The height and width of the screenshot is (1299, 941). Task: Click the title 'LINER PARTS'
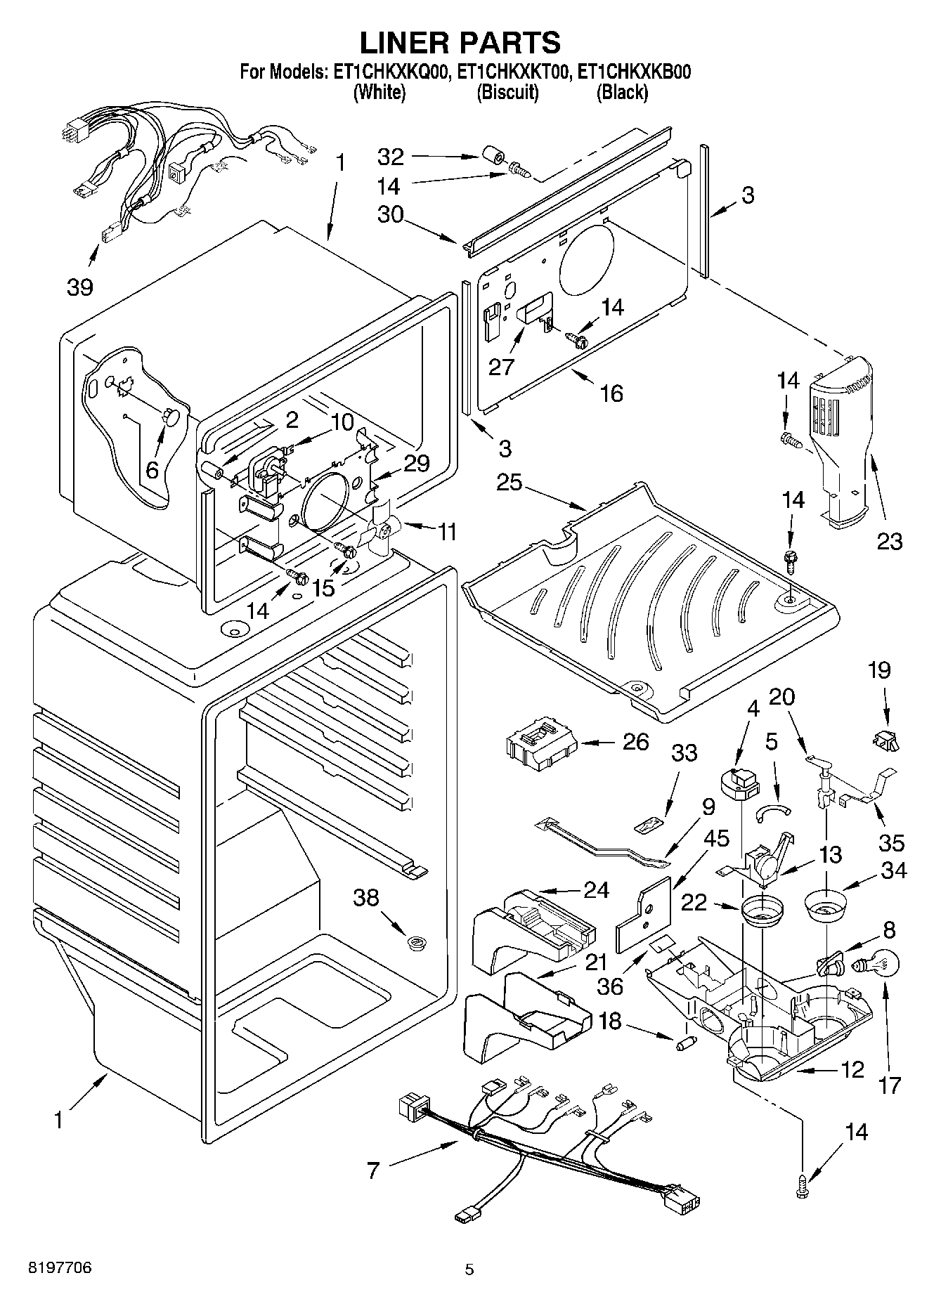pos(460,43)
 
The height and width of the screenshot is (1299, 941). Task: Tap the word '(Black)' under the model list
pos(622,92)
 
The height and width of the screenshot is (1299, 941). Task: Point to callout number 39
pos(81,286)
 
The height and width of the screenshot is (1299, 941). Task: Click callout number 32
pos(391,156)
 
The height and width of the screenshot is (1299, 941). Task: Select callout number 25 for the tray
pos(510,483)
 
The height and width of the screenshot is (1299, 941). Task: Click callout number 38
pos(367,897)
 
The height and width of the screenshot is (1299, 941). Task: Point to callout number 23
pos(890,540)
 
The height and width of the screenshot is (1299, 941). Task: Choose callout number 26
pos(635,742)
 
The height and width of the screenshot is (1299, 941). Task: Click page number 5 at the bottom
pos(469,1269)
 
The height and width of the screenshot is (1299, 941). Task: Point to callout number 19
pos(879,670)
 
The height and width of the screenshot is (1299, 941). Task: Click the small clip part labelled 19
pos(887,738)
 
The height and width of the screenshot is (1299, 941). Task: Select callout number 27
pos(502,366)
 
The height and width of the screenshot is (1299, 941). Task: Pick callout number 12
pos(852,1070)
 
